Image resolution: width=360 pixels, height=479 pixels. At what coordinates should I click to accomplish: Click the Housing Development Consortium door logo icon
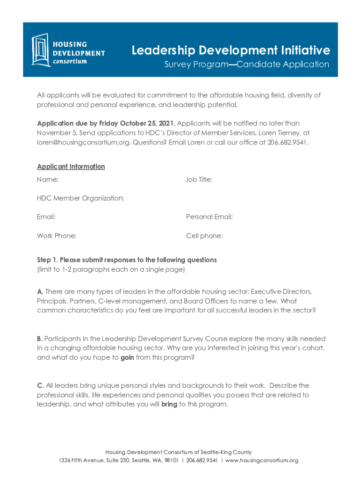click(x=41, y=49)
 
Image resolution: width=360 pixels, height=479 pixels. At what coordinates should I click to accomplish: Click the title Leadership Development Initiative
click(x=230, y=50)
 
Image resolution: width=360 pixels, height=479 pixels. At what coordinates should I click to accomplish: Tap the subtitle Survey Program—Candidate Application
click(x=246, y=65)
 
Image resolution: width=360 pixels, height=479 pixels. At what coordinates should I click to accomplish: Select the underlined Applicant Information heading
click(x=71, y=167)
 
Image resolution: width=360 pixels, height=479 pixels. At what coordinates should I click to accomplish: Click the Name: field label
click(x=48, y=179)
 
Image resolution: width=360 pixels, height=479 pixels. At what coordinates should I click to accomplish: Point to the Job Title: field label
click(x=199, y=179)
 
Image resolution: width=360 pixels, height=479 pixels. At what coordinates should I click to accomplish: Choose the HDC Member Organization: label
click(x=80, y=198)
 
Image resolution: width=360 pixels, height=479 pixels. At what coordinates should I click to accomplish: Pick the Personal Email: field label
click(x=209, y=217)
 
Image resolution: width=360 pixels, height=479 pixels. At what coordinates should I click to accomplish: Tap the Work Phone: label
click(x=57, y=236)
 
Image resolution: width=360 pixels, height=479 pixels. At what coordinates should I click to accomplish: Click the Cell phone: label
click(x=204, y=236)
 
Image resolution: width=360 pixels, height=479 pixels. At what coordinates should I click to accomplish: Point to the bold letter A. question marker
click(x=40, y=292)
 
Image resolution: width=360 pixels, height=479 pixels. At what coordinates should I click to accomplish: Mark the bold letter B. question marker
click(x=40, y=339)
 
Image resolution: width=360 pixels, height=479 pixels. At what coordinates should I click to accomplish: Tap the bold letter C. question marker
click(x=41, y=385)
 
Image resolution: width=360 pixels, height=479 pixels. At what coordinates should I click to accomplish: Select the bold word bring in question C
click(x=169, y=404)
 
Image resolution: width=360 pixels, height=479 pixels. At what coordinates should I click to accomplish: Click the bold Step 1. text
click(x=47, y=260)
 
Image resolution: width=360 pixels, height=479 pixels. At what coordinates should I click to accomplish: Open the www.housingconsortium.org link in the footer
click(x=262, y=461)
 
